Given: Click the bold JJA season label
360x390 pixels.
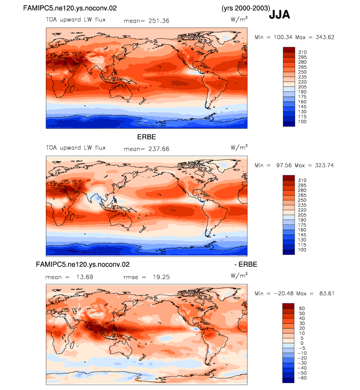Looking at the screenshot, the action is (x=279, y=15).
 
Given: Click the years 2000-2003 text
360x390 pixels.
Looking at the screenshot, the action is (x=246, y=8).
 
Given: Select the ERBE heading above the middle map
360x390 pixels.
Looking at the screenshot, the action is (x=146, y=137).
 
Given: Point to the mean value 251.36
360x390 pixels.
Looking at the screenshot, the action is (x=159, y=21).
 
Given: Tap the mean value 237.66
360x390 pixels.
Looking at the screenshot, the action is (x=159, y=149).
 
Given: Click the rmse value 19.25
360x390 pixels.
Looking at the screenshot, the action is (x=161, y=277).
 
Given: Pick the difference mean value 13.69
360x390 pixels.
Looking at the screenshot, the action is (x=84, y=277).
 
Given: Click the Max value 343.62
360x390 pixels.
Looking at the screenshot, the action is (x=325, y=37).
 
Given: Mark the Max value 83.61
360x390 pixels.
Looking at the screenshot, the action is (x=327, y=294).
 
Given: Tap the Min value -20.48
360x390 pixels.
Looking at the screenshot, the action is (x=283, y=294).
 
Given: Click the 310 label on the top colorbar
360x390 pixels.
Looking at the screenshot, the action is (x=303, y=52).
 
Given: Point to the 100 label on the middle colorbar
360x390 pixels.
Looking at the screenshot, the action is (x=302, y=250).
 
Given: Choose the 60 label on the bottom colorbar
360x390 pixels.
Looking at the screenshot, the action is (x=302, y=308).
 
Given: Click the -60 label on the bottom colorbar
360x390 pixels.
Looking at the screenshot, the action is (x=302, y=378).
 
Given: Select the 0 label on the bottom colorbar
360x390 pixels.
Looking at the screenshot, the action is (x=302, y=343).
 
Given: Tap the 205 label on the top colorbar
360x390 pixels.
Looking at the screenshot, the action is (x=303, y=87).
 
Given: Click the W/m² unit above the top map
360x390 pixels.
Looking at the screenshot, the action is (x=239, y=19).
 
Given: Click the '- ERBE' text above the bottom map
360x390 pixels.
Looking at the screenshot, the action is (x=246, y=264).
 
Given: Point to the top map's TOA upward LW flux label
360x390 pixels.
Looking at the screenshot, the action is (x=76, y=20).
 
